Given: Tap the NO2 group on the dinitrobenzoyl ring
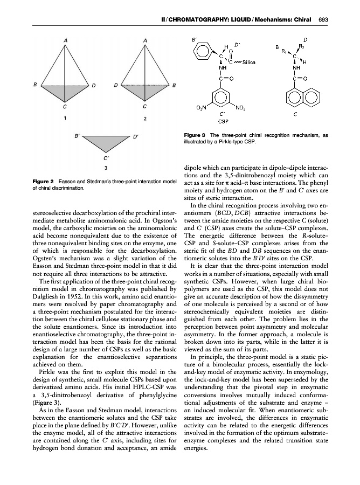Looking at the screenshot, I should pos(241,108).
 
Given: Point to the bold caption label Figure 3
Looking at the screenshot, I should pos(195,136).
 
